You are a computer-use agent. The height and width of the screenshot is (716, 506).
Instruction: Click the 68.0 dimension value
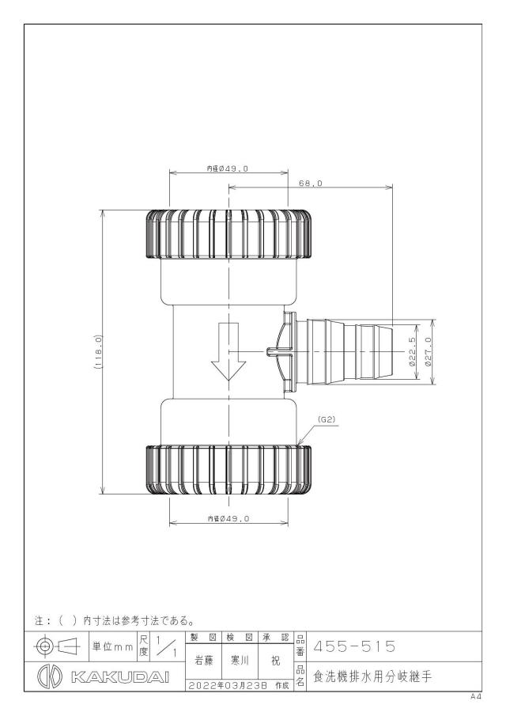click(310, 183)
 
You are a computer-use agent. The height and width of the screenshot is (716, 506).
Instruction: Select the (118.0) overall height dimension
click(98, 351)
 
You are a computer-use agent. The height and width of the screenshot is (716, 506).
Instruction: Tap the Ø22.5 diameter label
click(412, 351)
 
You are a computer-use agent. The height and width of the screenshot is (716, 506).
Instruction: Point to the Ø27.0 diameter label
click(428, 351)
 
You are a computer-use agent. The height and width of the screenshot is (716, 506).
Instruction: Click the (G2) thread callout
click(327, 420)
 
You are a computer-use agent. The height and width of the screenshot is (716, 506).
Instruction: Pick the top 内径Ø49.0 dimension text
click(227, 168)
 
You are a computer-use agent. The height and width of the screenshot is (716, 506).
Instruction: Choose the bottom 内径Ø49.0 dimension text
click(228, 518)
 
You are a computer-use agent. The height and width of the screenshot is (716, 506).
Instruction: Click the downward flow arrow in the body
click(228, 351)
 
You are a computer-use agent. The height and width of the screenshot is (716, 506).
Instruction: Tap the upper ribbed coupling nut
click(228, 234)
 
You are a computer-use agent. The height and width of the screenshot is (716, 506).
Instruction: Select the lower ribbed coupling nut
click(228, 470)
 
